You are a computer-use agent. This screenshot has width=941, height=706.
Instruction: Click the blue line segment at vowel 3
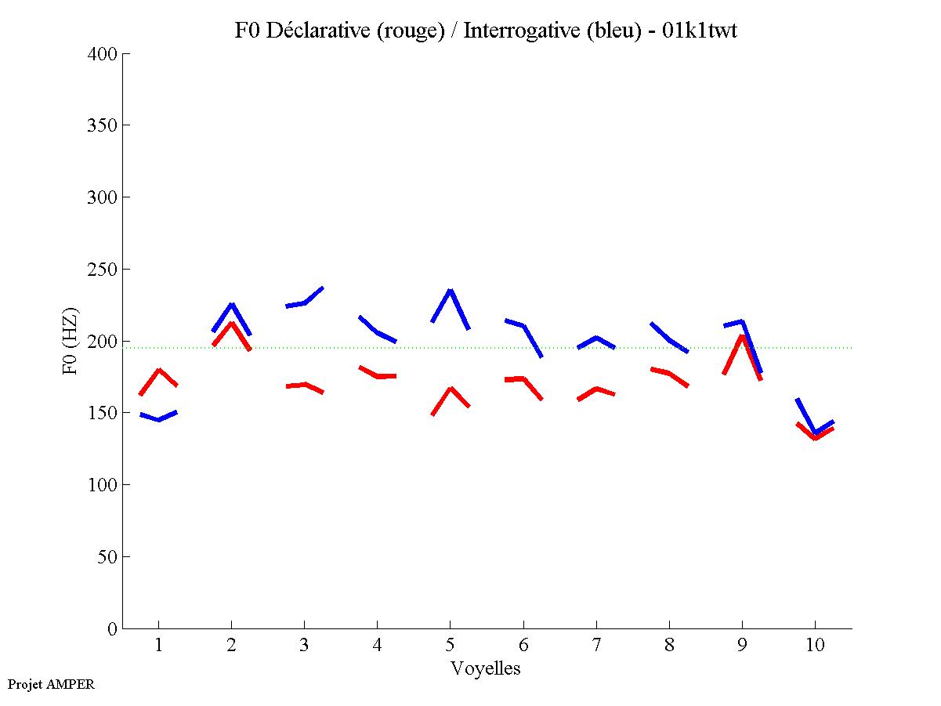304,302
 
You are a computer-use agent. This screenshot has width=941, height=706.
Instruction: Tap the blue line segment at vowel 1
159,419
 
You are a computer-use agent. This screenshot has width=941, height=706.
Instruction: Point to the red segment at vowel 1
159,370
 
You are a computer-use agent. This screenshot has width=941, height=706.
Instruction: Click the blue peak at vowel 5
451,291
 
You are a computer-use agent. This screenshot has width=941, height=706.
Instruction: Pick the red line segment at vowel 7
596,389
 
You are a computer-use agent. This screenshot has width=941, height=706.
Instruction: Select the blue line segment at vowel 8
669,339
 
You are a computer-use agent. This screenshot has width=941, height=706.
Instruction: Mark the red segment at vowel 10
816,437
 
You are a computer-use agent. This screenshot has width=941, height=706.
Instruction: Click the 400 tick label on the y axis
103,54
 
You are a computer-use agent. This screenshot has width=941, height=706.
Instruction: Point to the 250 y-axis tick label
103,270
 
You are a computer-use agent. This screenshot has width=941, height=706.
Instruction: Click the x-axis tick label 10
815,646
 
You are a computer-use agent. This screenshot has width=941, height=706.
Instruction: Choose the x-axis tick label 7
596,646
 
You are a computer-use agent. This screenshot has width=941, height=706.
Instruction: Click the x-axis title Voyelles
486,668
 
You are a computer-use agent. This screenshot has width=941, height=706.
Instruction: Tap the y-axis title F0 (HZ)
70,341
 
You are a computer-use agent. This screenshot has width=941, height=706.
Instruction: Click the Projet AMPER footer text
51,684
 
